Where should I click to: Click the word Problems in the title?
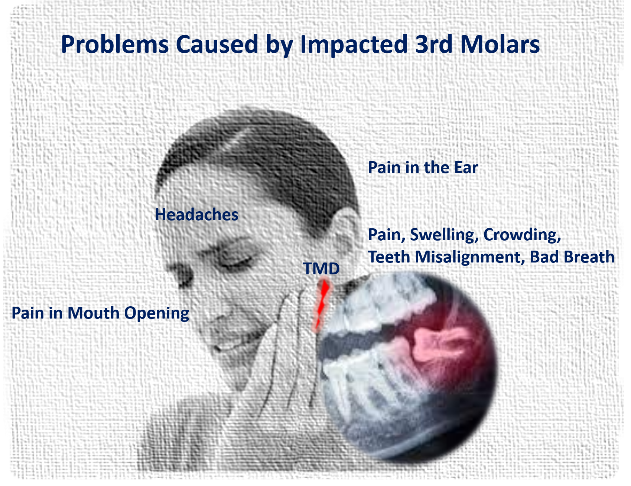pyautogui.click(x=115, y=45)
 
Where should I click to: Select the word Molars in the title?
pyautogui.click(x=500, y=44)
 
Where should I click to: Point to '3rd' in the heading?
pyautogui.click(x=434, y=44)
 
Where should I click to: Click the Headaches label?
pyautogui.click(x=196, y=215)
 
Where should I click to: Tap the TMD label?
pyautogui.click(x=321, y=268)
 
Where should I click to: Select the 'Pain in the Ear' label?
pyautogui.click(x=423, y=167)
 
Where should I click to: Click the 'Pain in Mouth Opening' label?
pyautogui.click(x=100, y=313)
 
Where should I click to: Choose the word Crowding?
pyautogui.click(x=522, y=235)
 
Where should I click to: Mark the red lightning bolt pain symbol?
pyautogui.click(x=322, y=305)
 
